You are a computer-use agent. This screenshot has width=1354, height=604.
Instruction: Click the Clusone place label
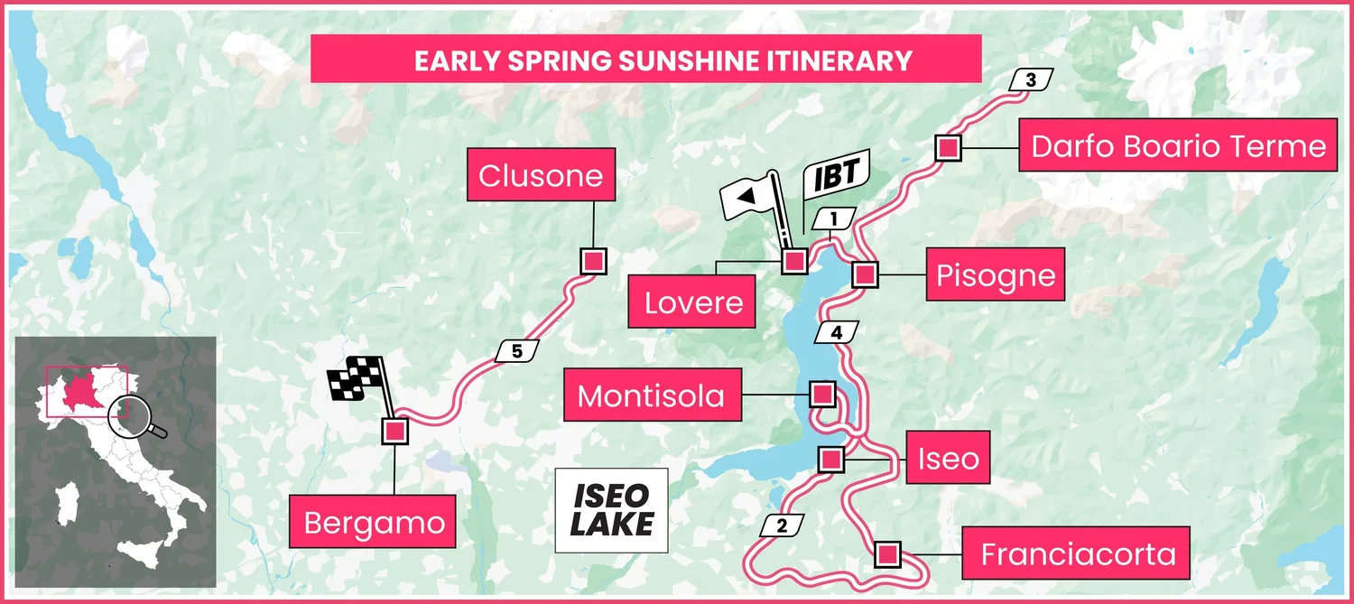541,175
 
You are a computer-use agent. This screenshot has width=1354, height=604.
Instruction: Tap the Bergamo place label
374,523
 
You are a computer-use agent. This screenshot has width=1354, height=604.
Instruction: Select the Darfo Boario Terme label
1178,145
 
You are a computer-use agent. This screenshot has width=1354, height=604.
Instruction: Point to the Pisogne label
996,274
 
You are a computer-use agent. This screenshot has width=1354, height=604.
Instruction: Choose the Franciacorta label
1078,553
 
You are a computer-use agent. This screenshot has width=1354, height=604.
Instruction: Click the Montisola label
651,395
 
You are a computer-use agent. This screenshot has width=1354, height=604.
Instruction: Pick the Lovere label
693,302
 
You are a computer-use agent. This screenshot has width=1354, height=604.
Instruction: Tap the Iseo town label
948,459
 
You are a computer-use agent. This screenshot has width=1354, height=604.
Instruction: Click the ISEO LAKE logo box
611,510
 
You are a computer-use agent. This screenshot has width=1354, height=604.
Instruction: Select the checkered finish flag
355,379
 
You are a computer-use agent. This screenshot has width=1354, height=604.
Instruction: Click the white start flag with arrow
755,194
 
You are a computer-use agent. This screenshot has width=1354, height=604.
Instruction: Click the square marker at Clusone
592,261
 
